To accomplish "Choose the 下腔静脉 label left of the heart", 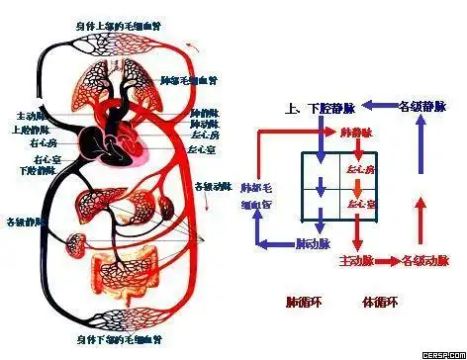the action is tap(36, 170).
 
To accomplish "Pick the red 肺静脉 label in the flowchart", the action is tap(355, 131).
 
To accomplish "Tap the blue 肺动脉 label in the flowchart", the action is tap(314, 241).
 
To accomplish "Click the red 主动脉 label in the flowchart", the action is tap(355, 261).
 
